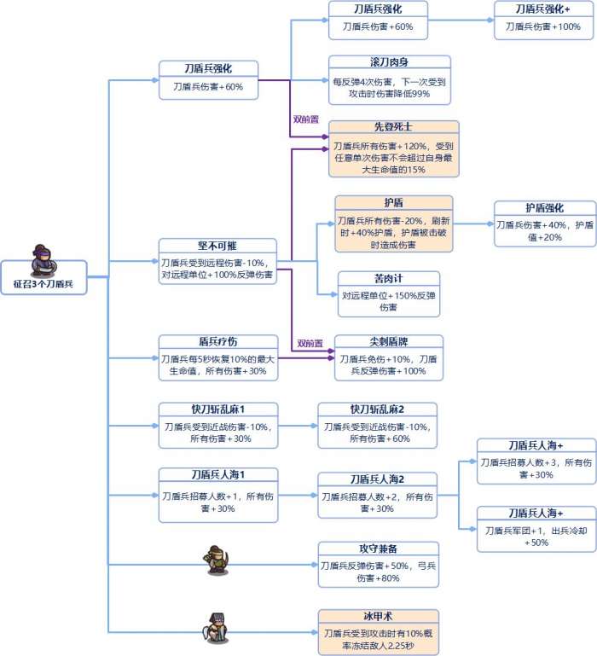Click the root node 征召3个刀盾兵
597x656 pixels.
click(x=43, y=283)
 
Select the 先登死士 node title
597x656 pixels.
click(x=393, y=127)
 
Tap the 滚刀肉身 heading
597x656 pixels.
click(x=389, y=64)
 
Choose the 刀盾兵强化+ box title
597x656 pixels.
click(x=543, y=9)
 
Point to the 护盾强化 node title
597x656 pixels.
click(x=543, y=208)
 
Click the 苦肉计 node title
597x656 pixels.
click(x=389, y=279)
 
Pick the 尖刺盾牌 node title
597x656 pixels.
click(x=389, y=342)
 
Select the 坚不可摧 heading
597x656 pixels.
click(x=217, y=246)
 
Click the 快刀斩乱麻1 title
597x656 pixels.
click(x=217, y=409)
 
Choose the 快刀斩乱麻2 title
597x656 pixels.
click(x=377, y=409)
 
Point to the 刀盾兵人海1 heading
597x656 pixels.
click(x=217, y=475)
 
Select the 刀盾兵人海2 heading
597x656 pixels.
click(x=377, y=479)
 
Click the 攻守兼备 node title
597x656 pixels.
click(x=378, y=549)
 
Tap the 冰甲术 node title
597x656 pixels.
click(x=378, y=615)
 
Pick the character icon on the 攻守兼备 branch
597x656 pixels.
click(x=216, y=559)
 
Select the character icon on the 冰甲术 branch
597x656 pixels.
click(x=216, y=628)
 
